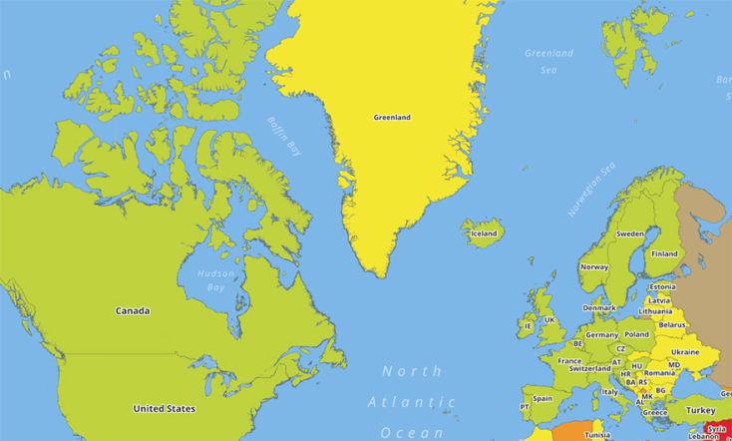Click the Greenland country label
tap(392, 118)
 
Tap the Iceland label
tap(484, 233)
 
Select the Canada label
tap(133, 311)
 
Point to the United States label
tap(165, 408)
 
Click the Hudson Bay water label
tap(214, 279)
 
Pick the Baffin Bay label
tap(284, 137)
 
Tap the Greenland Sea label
tap(549, 61)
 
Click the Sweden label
tap(630, 233)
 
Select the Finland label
tap(664, 253)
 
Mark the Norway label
tap(594, 267)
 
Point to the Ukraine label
tap(685, 351)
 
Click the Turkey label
tap(700, 410)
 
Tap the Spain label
tap(543, 398)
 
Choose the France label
tap(569, 361)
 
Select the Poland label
tap(636, 334)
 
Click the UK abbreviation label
tap(549, 320)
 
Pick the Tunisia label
tap(597, 435)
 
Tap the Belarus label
tap(673, 324)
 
